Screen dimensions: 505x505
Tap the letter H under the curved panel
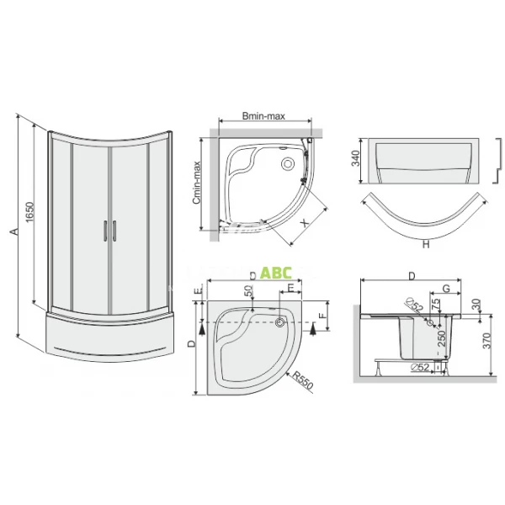coord(426,245)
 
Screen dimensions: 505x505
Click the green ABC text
coord(275,273)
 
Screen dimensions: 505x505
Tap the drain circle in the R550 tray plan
coord(279,321)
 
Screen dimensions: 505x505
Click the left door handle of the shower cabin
coord(103,232)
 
